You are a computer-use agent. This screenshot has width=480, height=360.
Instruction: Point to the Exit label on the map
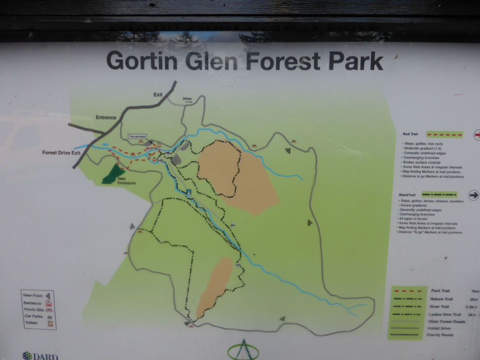click(x=158, y=95)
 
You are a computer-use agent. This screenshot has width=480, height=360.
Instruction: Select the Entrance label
click(x=106, y=118)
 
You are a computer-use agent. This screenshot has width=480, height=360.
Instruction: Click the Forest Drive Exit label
click(x=61, y=153)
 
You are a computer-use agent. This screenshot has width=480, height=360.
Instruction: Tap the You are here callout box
click(x=137, y=136)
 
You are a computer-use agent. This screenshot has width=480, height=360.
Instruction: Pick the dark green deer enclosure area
click(x=113, y=174)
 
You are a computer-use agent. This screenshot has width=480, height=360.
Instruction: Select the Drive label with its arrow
click(x=188, y=99)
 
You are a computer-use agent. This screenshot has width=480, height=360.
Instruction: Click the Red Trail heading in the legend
click(x=410, y=134)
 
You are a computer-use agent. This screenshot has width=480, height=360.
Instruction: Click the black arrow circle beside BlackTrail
click(x=474, y=195)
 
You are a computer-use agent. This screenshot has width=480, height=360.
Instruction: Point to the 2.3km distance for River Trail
click(x=472, y=307)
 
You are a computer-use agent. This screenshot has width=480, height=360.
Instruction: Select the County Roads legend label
click(x=440, y=336)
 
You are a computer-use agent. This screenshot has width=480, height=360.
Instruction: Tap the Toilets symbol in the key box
click(x=49, y=323)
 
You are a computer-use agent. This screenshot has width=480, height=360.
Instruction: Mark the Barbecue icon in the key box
click(x=49, y=303)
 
